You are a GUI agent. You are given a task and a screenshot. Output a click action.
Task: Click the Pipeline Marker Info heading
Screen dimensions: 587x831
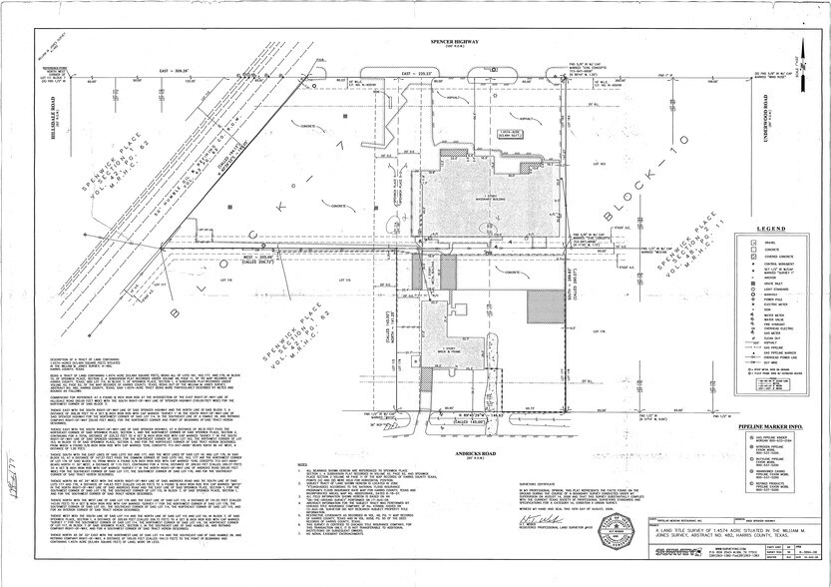pos(771,424)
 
